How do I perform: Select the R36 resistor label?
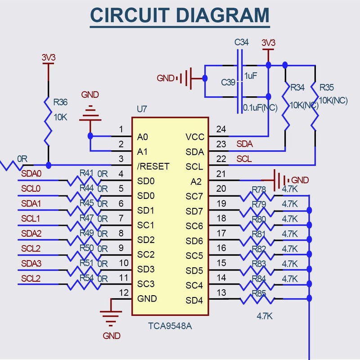coord(61,102)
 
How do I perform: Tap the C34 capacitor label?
coord(242,43)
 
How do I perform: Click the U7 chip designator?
coord(142,109)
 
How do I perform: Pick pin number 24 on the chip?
coord(221,130)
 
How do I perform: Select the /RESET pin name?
coord(153,166)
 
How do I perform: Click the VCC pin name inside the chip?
coord(195,136)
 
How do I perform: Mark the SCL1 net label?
coord(31,219)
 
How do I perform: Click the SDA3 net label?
coord(31,263)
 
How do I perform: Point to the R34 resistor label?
coord(298,87)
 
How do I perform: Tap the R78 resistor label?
coord(260,189)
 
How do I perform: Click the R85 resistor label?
coord(260,293)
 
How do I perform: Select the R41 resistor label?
coord(86,173)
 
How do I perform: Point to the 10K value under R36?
coord(60,117)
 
